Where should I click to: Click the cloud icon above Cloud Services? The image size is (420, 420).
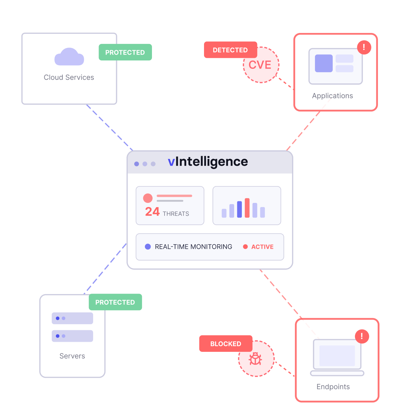[69, 57]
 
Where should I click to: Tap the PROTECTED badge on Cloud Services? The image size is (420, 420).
[125, 52]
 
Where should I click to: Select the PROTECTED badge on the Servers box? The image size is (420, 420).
[115, 302]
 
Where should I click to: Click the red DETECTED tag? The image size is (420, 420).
[230, 50]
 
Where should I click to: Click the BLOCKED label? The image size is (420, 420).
[226, 344]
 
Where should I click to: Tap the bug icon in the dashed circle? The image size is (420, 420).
[255, 359]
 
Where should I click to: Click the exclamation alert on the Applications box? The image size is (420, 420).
[364, 47]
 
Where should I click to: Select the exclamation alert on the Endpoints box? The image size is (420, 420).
[362, 336]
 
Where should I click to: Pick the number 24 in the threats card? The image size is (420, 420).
[152, 212]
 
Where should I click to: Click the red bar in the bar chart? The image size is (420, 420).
[247, 208]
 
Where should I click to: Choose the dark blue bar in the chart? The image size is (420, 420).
[239, 209]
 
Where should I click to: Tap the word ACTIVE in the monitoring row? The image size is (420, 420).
[262, 247]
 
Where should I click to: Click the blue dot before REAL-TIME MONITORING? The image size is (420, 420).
[148, 247]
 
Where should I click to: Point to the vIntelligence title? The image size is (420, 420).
[208, 162]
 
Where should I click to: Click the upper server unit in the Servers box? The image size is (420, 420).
[72, 318]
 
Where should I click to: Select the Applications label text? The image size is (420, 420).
[332, 96]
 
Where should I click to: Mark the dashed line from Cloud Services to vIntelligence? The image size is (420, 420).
[109, 127]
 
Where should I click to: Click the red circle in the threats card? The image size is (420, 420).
[148, 198]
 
